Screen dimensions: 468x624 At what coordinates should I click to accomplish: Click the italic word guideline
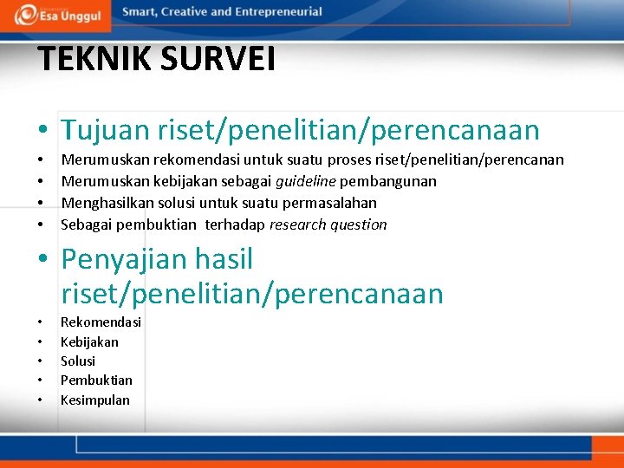point(305,181)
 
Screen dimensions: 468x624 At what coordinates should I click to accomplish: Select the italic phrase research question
point(328,224)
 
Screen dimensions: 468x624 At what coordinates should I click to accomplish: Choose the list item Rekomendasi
point(101,322)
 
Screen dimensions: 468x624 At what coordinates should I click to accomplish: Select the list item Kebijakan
point(89,341)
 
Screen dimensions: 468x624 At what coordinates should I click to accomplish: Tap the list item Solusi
point(78,361)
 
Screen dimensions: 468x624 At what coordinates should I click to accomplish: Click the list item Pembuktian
point(96,380)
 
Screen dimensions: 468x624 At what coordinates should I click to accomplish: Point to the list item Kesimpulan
point(94,400)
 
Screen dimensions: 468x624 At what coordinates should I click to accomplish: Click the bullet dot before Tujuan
point(42,132)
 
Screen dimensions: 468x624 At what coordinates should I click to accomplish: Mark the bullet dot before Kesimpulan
point(40,400)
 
